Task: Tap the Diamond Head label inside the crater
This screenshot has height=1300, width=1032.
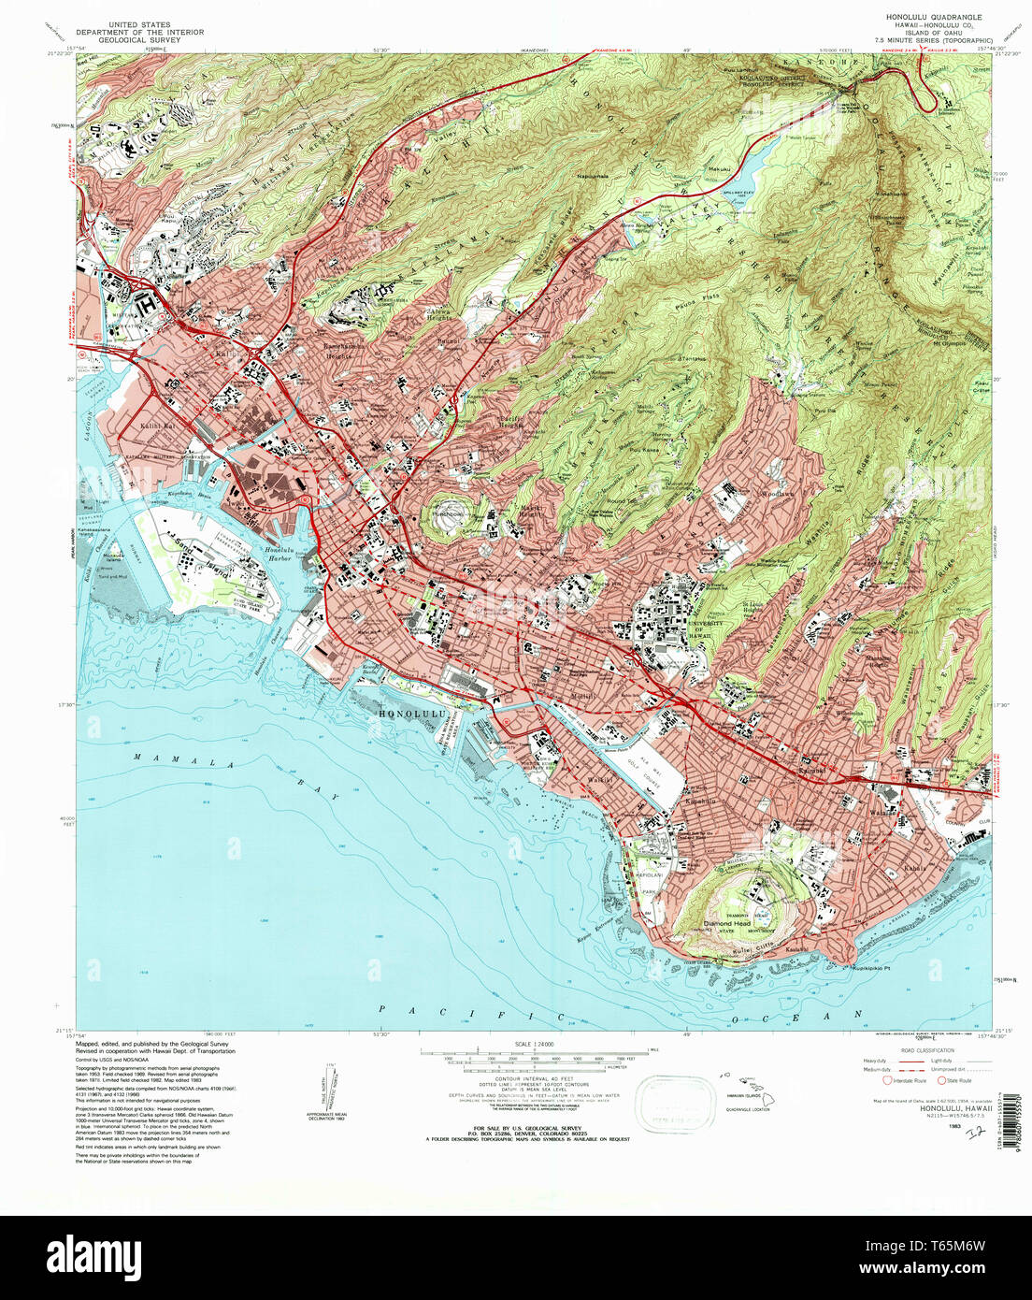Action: coord(726,923)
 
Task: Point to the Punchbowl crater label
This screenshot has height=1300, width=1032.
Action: coord(448,514)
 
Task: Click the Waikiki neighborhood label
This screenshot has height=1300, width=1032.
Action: coord(571,778)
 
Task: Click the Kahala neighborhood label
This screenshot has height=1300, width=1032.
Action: coord(915,868)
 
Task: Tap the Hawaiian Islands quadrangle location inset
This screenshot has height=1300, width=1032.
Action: coord(748,1086)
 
